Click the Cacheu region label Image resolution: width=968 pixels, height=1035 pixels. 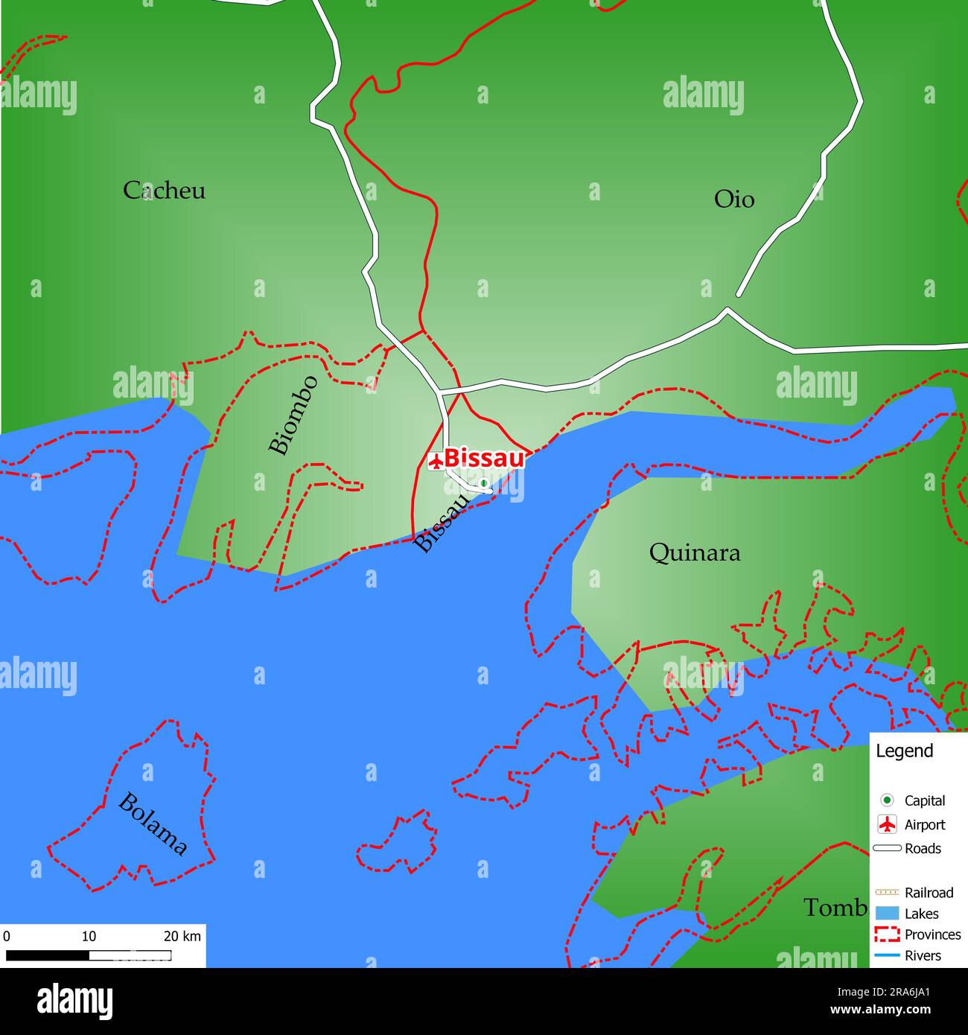[164, 191]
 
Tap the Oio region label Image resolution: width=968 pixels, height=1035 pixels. [733, 200]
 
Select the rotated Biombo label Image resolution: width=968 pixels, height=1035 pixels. [293, 415]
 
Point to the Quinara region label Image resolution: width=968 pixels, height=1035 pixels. [695, 553]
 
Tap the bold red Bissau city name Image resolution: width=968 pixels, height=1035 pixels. [484, 458]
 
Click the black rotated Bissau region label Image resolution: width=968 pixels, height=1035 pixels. [443, 523]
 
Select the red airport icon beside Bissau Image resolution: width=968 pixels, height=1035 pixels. [436, 460]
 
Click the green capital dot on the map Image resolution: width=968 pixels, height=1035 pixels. [483, 483]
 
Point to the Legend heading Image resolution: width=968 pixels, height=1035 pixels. [904, 751]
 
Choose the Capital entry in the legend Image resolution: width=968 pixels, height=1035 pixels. [924, 800]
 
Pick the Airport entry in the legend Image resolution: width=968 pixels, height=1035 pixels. [924, 824]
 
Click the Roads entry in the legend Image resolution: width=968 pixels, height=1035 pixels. [923, 848]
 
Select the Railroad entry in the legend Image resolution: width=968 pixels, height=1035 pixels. [929, 892]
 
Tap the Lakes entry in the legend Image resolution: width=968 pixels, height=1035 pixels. [921, 914]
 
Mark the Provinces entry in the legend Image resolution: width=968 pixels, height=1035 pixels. [932, 934]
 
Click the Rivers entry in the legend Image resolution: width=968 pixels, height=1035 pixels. [923, 955]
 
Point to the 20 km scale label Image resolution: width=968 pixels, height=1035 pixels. [182, 936]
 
